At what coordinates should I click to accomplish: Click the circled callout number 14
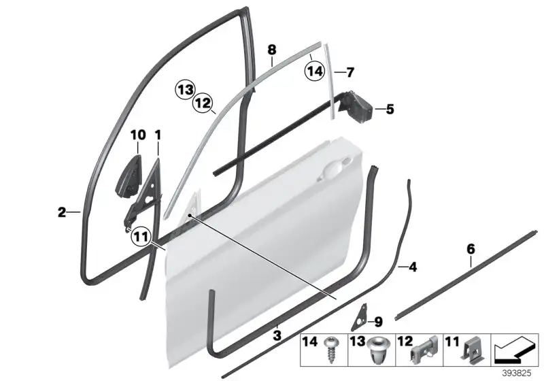click(315, 71)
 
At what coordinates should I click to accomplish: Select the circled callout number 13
click(185, 90)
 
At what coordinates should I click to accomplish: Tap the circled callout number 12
click(203, 103)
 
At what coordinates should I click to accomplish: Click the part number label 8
click(272, 50)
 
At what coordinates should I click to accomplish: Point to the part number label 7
click(350, 73)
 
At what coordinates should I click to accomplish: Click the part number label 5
click(390, 110)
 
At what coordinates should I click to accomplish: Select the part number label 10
click(138, 135)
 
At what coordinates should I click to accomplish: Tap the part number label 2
click(62, 212)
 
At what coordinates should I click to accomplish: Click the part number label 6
click(471, 249)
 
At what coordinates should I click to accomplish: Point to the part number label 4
click(413, 267)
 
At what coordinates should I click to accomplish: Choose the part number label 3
click(277, 335)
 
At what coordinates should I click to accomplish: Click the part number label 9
click(378, 322)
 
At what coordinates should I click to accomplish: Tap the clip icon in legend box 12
click(424, 350)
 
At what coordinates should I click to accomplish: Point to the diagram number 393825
click(517, 374)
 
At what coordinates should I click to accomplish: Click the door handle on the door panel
click(335, 169)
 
